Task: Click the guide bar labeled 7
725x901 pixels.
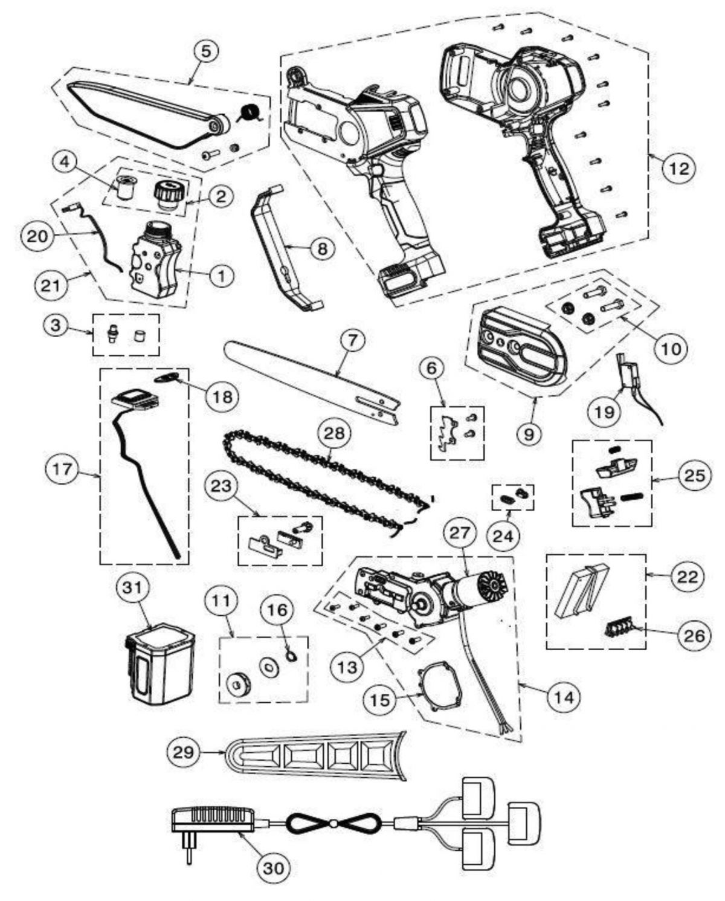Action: click(x=308, y=379)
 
